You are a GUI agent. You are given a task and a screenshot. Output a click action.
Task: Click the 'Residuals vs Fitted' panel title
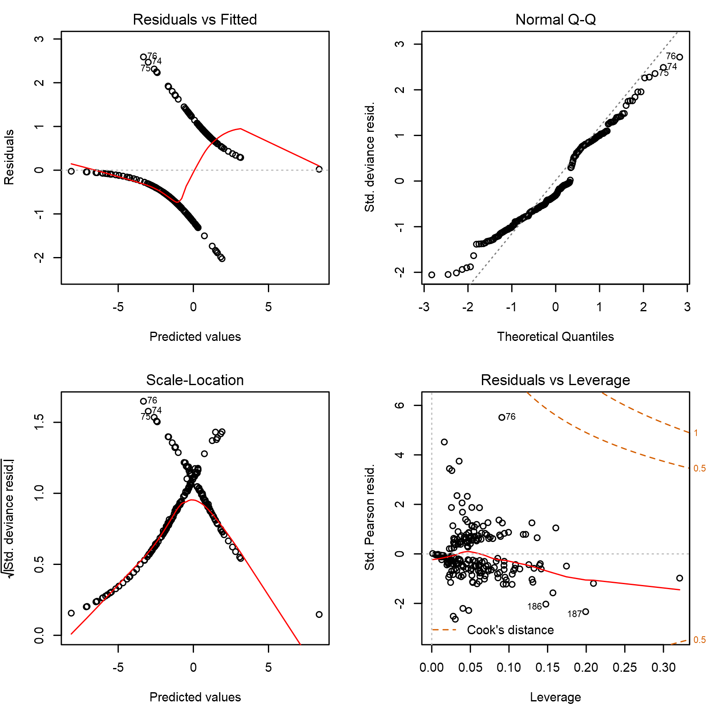click(x=195, y=20)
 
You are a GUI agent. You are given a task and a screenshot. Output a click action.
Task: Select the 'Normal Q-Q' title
click(x=555, y=20)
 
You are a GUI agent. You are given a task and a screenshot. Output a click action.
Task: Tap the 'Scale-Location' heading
click(x=195, y=380)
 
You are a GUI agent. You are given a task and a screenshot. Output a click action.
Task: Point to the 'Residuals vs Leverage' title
click(x=555, y=380)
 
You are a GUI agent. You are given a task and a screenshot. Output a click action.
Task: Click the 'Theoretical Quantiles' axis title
click(x=555, y=337)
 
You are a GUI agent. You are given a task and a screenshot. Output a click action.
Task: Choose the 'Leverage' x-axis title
click(x=555, y=697)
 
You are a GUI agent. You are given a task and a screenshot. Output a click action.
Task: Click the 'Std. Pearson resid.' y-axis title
click(x=370, y=517)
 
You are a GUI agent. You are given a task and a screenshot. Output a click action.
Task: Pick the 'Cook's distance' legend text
click(x=510, y=630)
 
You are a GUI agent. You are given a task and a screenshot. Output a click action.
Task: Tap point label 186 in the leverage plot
click(x=534, y=607)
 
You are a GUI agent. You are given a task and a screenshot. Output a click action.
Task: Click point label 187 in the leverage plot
click(x=575, y=614)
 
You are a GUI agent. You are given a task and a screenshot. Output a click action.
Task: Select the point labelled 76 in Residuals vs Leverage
click(x=502, y=417)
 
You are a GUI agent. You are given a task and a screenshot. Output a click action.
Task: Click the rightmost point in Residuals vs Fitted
click(x=319, y=169)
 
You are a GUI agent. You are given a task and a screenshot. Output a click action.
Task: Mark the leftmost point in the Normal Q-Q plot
click(x=432, y=275)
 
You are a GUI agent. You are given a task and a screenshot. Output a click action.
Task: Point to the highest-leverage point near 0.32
click(x=680, y=578)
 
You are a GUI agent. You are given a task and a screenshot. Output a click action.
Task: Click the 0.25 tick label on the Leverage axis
click(x=625, y=668)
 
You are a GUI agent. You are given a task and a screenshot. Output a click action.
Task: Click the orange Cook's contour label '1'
click(x=696, y=433)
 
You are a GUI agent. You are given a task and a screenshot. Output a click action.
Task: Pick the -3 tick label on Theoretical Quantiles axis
click(x=424, y=307)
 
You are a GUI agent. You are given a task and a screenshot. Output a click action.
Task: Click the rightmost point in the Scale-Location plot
click(x=319, y=614)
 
